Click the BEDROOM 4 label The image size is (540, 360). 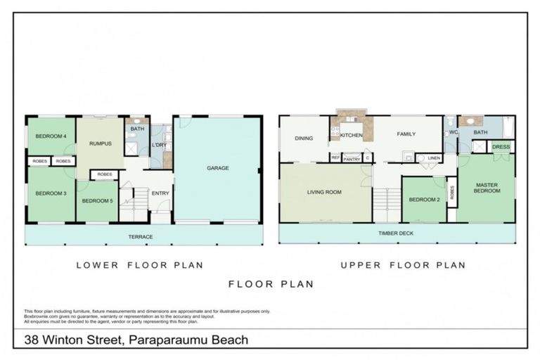51,136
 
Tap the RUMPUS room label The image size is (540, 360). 101,143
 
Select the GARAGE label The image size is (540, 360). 218,168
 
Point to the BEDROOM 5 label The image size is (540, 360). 96,200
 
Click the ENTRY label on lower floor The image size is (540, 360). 160,193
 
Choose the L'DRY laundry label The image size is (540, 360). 158,145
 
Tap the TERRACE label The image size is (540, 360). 141,237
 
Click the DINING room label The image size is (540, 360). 304,139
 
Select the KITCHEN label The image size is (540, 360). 352,134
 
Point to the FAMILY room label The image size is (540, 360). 406,134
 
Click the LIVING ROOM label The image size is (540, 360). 324,191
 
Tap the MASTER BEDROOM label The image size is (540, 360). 486,188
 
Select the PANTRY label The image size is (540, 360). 352,159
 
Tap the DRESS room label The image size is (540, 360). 501,147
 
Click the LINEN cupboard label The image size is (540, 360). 434,158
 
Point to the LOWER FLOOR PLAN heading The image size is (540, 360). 139,265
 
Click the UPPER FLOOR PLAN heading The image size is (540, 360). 403,265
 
